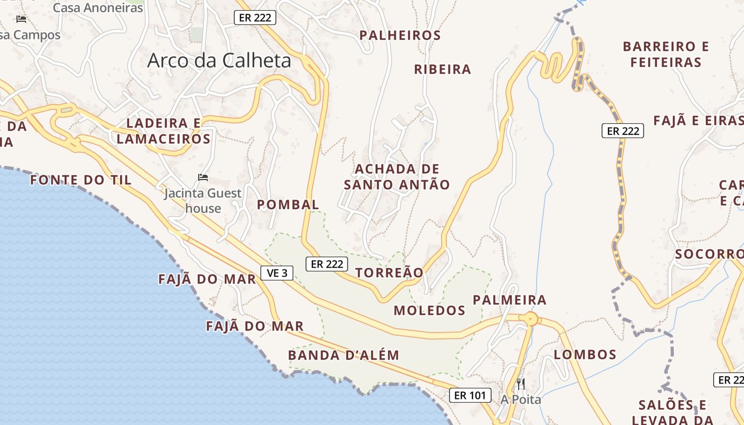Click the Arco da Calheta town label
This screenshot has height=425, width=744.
(x=219, y=61)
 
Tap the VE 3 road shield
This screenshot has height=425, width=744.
(x=277, y=273)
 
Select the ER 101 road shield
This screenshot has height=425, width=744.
(x=470, y=395)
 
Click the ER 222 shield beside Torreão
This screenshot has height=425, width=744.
(x=326, y=264)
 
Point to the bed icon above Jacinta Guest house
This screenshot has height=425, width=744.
(x=203, y=177)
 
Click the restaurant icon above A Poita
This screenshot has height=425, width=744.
(x=521, y=384)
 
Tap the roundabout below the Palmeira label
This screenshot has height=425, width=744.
(x=530, y=319)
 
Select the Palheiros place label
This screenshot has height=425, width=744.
(x=400, y=36)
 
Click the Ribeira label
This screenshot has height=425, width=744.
(x=443, y=70)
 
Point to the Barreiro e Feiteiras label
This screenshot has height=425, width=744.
(x=666, y=54)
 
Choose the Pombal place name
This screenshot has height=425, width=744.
(x=288, y=205)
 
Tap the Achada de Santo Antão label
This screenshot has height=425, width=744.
(x=397, y=177)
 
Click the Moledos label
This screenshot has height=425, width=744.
(x=429, y=311)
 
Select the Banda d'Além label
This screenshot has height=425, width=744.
(x=343, y=355)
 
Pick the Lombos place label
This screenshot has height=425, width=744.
(x=585, y=354)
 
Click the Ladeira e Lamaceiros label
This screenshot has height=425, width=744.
(x=164, y=131)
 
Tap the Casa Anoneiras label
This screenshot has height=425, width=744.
(x=98, y=8)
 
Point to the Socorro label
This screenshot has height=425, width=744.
(x=708, y=254)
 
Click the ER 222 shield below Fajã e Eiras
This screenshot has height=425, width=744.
(x=622, y=131)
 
